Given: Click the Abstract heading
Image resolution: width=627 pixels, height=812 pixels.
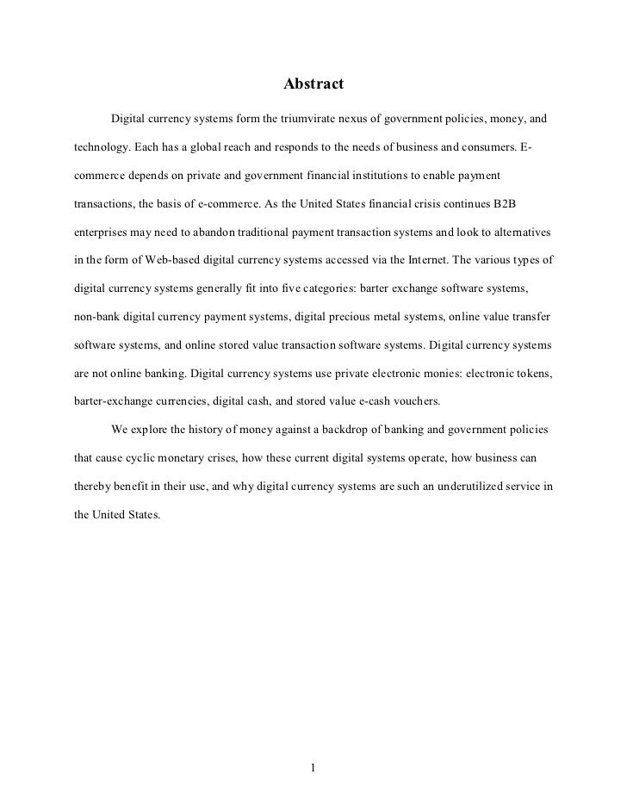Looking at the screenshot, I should tap(313, 84).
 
